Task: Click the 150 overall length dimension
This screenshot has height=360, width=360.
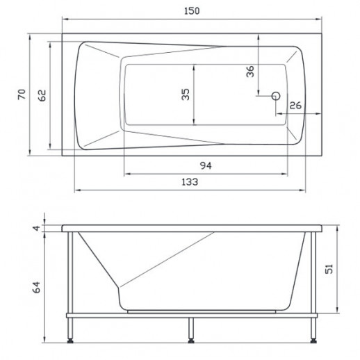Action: (x=192, y=11)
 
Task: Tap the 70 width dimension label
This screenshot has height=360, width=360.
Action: (x=22, y=94)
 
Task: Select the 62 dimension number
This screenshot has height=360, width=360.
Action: (x=42, y=95)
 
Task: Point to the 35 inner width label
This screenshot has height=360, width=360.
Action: (x=186, y=95)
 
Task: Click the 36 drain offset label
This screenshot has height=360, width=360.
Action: (x=250, y=72)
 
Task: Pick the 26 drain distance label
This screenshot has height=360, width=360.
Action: (x=295, y=106)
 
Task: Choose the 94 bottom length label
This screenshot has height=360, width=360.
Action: (x=206, y=165)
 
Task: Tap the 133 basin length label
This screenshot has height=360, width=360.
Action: (x=190, y=182)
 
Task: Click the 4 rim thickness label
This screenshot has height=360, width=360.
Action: (x=36, y=228)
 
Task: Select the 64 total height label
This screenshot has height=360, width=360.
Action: (x=36, y=287)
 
